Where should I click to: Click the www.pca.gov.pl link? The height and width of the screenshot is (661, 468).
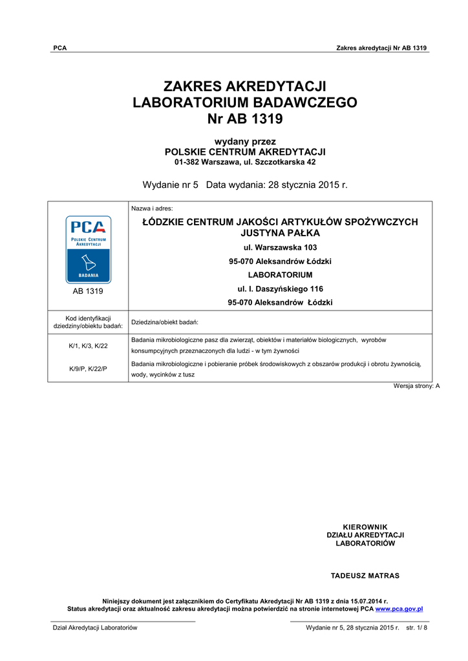click(x=399, y=609)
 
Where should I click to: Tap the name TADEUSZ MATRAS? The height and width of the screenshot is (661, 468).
click(x=365, y=575)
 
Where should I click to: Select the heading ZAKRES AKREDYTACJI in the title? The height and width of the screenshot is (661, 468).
click(x=244, y=86)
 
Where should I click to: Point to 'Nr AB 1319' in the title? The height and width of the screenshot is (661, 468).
click(x=244, y=119)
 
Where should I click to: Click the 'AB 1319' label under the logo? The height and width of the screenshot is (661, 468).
click(x=88, y=291)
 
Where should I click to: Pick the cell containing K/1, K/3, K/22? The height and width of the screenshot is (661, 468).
click(x=88, y=346)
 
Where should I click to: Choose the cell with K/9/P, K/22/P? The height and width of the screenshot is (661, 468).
click(x=88, y=369)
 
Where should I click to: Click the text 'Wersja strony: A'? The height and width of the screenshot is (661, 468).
click(x=416, y=386)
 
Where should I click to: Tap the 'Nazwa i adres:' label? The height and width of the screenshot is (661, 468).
click(x=148, y=208)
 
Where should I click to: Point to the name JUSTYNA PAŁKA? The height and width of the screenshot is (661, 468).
click(x=280, y=233)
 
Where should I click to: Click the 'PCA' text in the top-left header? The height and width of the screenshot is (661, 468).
click(x=59, y=48)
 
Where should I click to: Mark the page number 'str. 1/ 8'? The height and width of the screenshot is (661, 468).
click(x=416, y=627)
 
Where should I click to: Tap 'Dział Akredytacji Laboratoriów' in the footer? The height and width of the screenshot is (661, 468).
click(x=94, y=627)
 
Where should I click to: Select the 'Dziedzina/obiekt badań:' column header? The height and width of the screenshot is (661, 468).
click(x=164, y=321)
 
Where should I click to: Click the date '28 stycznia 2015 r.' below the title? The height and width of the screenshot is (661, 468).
click(x=306, y=185)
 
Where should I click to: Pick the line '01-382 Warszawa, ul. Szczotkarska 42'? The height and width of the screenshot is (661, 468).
click(x=244, y=161)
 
